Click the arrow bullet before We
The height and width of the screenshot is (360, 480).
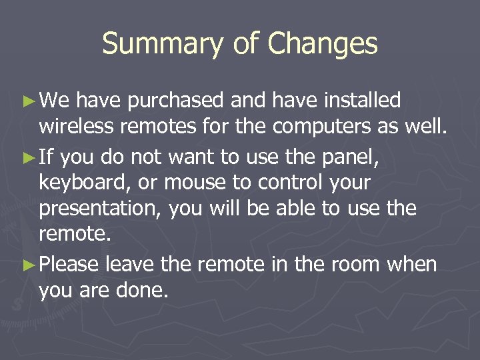(x=28, y=101)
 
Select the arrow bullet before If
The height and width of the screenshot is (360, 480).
(x=28, y=158)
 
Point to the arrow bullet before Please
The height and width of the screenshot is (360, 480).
(x=28, y=265)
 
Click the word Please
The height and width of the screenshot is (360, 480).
(x=69, y=265)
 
